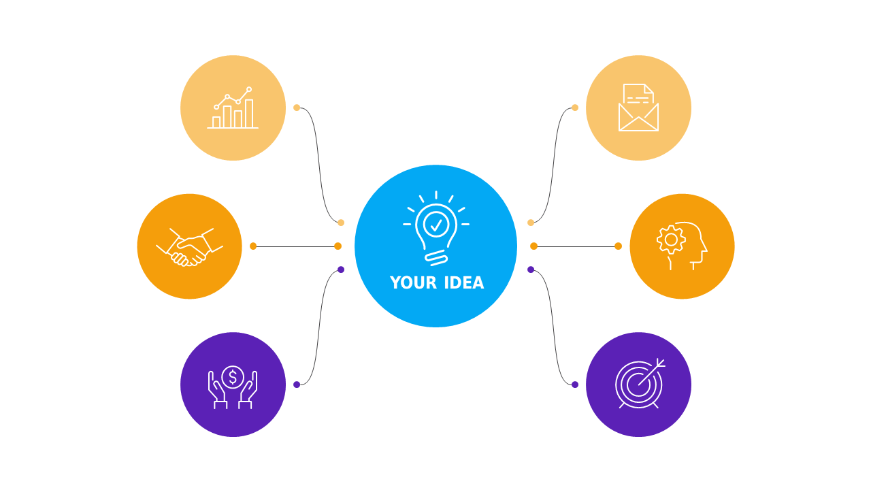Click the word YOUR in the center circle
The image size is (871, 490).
tap(413, 282)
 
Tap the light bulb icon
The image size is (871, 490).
tap(436, 228)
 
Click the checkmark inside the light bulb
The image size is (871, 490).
tap(436, 225)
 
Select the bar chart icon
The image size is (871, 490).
tap(233, 108)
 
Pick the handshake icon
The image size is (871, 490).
tap(189, 247)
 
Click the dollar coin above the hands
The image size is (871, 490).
tap(233, 377)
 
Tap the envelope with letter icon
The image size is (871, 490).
tap(638, 108)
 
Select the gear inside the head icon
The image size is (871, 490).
tap(671, 240)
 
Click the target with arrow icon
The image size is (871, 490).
tap(640, 384)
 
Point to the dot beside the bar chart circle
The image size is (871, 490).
tap(297, 108)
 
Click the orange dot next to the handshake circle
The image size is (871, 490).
tap(253, 246)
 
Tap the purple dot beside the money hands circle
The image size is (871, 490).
tap(297, 385)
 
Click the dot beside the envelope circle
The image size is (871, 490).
tap(575, 108)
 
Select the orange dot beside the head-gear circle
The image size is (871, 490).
tap(619, 246)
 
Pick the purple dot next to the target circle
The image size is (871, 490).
tap(575, 385)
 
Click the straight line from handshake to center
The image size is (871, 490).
tap(295, 246)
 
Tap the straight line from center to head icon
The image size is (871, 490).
tap(576, 246)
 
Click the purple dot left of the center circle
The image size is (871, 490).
tap(341, 269)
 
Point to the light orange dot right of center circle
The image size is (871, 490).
tap(531, 223)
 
